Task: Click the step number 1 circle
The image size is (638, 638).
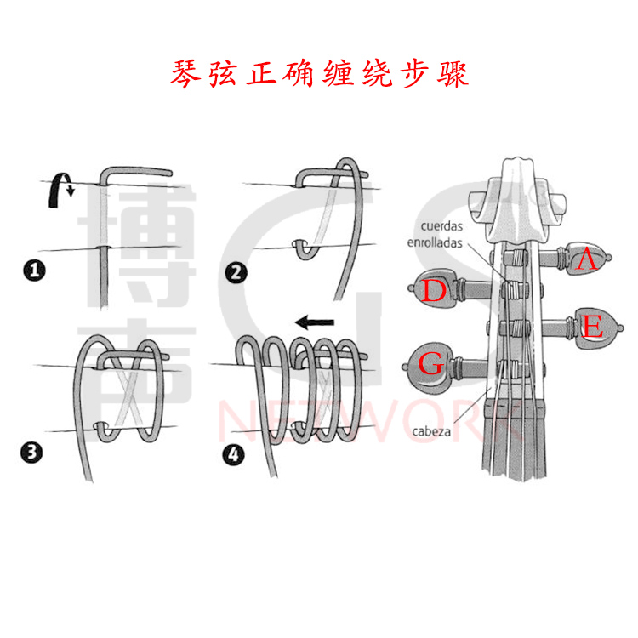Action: tap(34, 272)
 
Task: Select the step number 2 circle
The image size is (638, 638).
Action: tap(235, 272)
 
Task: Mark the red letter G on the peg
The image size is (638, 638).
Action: tap(433, 366)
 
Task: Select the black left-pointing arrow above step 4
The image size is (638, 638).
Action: tap(314, 322)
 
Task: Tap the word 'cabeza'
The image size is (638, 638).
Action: tap(431, 431)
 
